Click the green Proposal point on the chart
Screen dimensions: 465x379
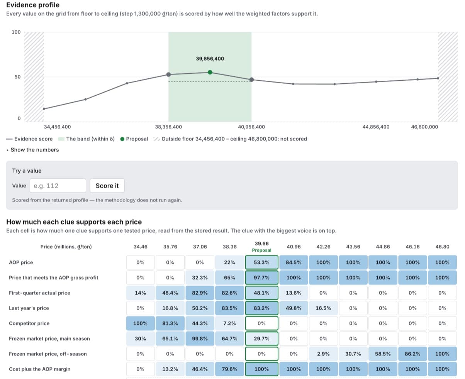pos(210,72)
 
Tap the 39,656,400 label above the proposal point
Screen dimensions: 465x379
pos(210,59)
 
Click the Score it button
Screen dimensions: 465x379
pos(107,186)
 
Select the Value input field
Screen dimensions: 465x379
pos(58,186)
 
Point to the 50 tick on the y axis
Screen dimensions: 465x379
pos(17,77)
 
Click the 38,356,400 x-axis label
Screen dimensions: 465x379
pos(168,127)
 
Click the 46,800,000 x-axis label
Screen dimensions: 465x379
pos(424,127)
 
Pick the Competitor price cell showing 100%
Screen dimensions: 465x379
pos(140,323)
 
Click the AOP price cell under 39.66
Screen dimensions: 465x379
pos(261,262)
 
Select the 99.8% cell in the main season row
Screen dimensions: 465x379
pos(200,338)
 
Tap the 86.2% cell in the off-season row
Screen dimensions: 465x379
pos(412,354)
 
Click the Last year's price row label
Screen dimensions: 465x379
pos(29,308)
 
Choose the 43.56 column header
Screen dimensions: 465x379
pos(353,247)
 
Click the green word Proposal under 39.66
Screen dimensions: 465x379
pos(261,250)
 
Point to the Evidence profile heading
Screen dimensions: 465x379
pos(33,5)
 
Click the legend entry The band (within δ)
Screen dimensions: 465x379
pos(86,139)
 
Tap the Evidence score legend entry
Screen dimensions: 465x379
pos(29,139)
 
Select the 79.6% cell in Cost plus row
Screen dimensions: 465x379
pos(229,369)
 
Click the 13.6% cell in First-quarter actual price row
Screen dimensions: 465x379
pos(294,293)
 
